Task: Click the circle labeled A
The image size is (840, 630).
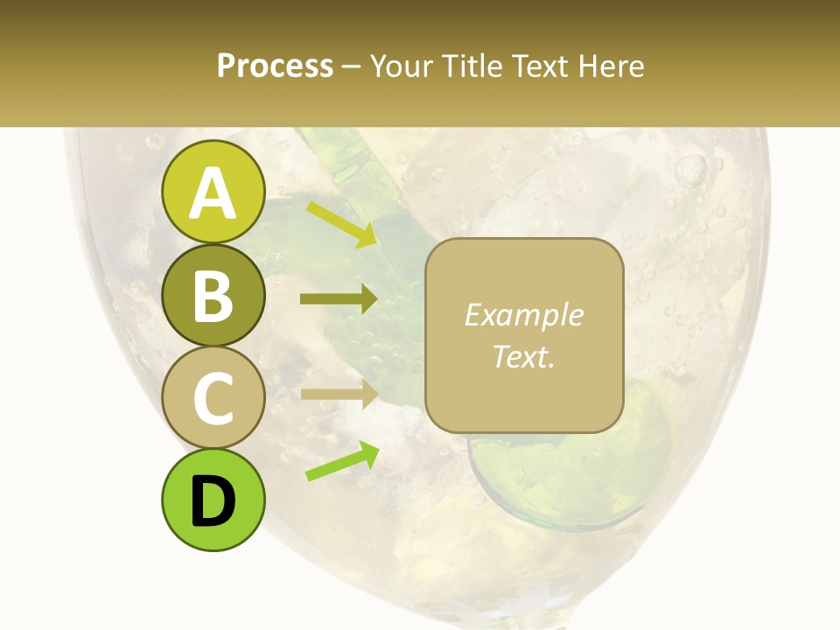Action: pos(213,192)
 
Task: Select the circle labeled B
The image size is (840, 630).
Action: pos(213,295)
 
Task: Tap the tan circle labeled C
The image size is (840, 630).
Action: pos(213,398)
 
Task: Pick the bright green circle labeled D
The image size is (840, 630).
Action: pos(213,500)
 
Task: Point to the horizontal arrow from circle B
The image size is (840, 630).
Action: pos(339,299)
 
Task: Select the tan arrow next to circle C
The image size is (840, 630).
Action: pos(339,394)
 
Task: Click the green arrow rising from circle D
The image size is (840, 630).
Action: pos(342,462)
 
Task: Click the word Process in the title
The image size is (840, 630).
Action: pos(275,66)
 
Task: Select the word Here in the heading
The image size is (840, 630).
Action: pos(610,66)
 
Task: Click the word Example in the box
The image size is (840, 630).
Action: pos(523,315)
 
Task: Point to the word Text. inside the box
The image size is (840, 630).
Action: pos(523,356)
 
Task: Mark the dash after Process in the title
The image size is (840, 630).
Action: pos(352,66)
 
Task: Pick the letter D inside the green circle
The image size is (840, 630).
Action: pos(213,501)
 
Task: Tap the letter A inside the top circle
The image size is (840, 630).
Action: pos(213,192)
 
